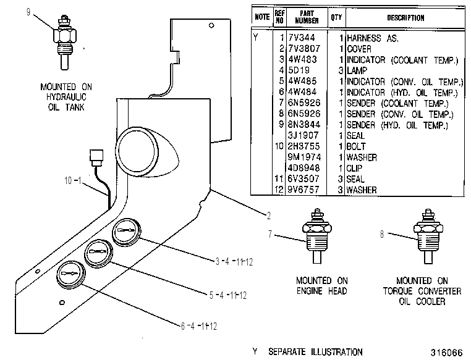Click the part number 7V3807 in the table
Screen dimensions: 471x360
[x=304, y=49]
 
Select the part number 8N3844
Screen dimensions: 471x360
[x=304, y=125]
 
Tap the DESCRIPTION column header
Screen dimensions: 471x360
[x=405, y=18]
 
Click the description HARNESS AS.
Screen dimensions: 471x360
[x=373, y=38]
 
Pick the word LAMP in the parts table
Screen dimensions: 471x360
[x=357, y=70]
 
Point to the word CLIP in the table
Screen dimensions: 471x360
[x=354, y=168]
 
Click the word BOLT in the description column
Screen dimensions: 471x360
[x=356, y=146]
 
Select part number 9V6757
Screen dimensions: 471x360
[x=303, y=190]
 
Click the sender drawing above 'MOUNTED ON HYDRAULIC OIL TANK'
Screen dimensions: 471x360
[x=64, y=42]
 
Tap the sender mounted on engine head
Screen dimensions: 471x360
[x=317, y=237]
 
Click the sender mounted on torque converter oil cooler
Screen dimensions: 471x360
[x=428, y=237]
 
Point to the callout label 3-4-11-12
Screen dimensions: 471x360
[x=234, y=262]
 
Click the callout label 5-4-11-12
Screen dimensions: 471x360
[x=228, y=296]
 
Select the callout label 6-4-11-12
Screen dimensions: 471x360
[x=199, y=326]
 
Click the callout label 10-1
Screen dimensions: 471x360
[x=73, y=180]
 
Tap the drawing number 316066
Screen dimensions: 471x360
[x=447, y=353]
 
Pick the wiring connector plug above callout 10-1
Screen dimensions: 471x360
[x=96, y=158]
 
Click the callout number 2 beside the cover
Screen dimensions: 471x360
[x=268, y=216]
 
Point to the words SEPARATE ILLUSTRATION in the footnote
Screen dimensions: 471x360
[x=315, y=351]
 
